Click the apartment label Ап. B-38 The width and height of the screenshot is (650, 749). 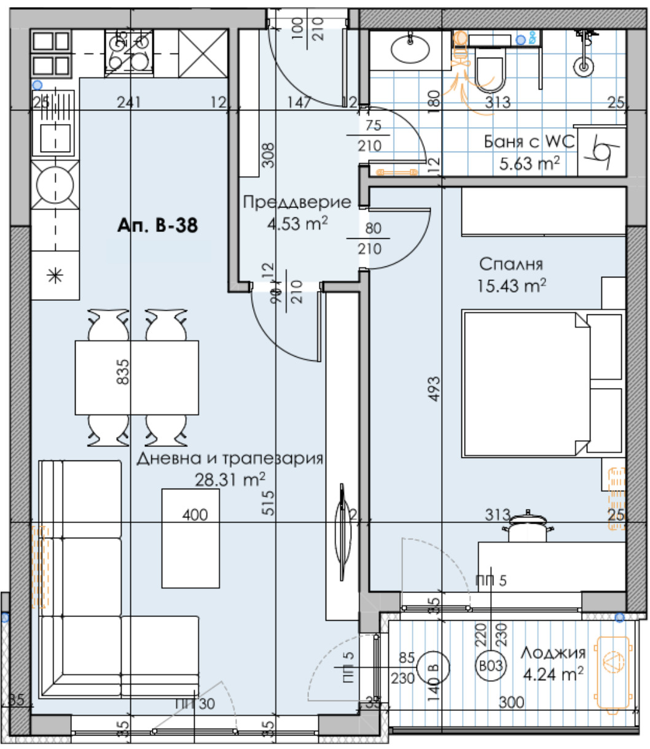pyautogui.click(x=157, y=225)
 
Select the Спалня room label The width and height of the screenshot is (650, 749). pyautogui.click(x=511, y=265)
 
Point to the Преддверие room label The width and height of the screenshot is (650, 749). pyautogui.click(x=297, y=203)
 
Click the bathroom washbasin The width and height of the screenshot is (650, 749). pyautogui.click(x=410, y=50)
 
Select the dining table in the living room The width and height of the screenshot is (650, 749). pyautogui.click(x=136, y=377)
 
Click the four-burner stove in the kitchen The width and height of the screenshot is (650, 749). pyautogui.click(x=130, y=52)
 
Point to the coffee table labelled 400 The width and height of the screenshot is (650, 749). pyautogui.click(x=190, y=537)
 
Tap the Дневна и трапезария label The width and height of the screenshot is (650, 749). pyautogui.click(x=230, y=459)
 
